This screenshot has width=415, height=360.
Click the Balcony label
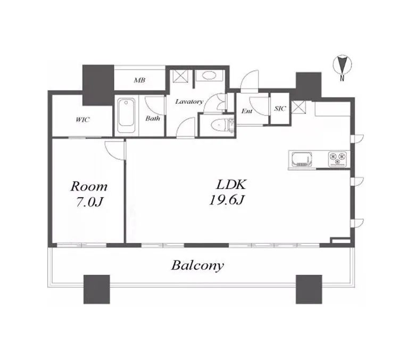point(197,265)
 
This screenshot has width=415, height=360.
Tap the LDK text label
point(231,185)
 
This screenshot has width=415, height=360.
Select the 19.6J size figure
point(226,200)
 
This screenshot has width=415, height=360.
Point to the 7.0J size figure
point(89,202)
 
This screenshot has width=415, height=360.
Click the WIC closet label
point(82,120)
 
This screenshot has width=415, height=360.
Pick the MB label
point(139,80)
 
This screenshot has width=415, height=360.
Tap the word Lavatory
point(189,102)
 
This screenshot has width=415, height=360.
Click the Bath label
point(153,118)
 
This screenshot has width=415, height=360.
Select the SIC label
point(280,108)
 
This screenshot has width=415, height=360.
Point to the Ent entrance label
point(247,111)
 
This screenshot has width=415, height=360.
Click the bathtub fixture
point(126,116)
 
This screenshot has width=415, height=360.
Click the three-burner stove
point(337,159)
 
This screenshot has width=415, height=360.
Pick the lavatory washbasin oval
point(209,76)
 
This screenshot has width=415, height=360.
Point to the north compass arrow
point(342,64)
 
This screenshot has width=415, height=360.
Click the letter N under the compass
point(342,78)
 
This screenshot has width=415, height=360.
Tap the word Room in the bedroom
point(89,186)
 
